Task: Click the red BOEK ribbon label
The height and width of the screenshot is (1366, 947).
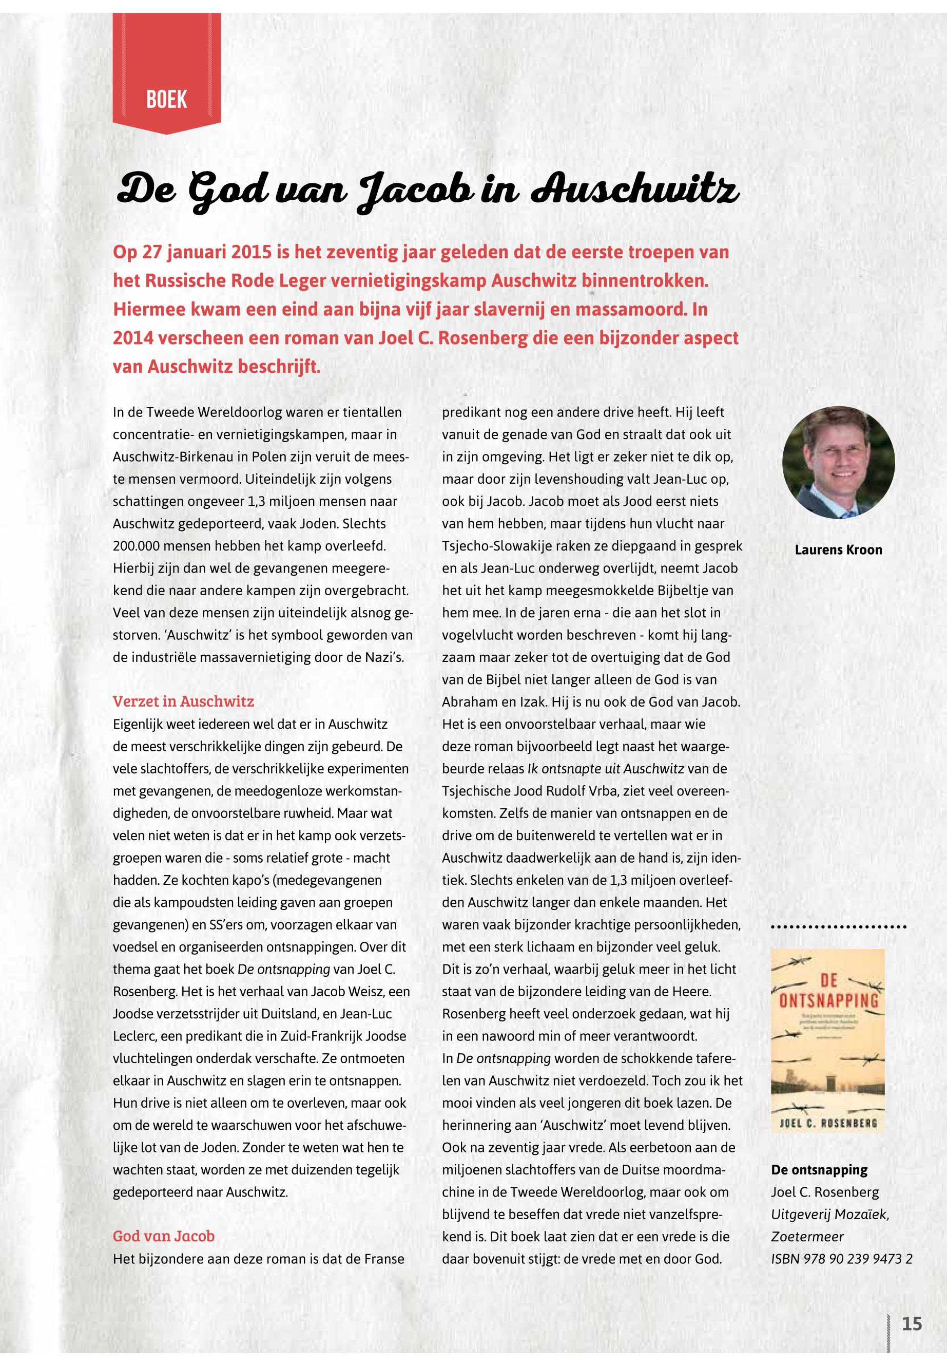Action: pos(167,100)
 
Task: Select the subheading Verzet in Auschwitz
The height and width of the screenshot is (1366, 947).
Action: pos(183,701)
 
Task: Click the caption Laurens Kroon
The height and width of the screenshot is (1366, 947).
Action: pos(838,549)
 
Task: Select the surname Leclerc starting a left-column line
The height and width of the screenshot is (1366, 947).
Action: pos(132,1036)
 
